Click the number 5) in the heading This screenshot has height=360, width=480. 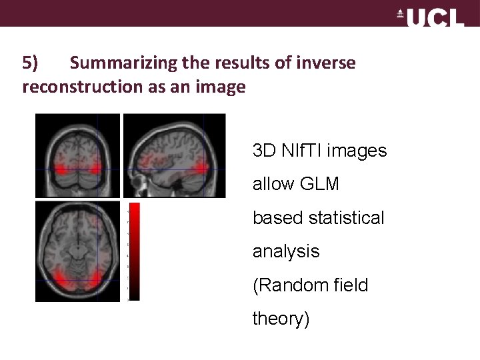pyautogui.click(x=31, y=63)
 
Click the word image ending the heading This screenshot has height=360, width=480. pyautogui.click(x=223, y=87)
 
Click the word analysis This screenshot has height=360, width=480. pyautogui.click(x=286, y=251)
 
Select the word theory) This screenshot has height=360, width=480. pyautogui.click(x=281, y=319)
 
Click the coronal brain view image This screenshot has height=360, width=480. pyautogui.click(x=77, y=155)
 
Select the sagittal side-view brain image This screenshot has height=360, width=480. pyautogui.click(x=175, y=155)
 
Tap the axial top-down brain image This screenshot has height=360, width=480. pyautogui.click(x=77, y=251)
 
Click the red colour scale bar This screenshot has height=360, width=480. pyautogui.click(x=134, y=251)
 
